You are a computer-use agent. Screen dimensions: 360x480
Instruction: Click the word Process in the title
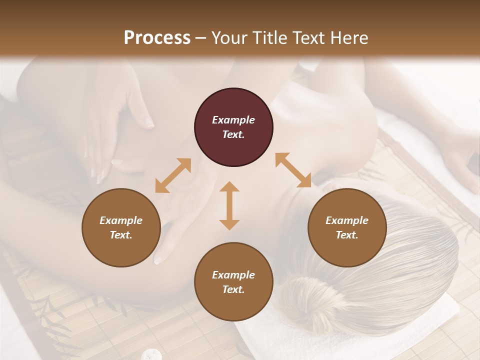tap(157, 38)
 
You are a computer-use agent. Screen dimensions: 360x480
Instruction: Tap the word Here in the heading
tap(347, 38)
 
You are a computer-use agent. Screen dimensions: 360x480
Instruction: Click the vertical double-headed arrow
tap(229, 205)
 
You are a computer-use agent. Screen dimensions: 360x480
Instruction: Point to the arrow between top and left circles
tap(173, 175)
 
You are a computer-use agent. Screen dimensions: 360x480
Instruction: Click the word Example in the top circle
tap(233, 120)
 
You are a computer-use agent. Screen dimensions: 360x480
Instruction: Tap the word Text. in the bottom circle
tap(233, 289)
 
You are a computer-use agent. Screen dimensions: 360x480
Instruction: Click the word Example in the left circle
tap(121, 220)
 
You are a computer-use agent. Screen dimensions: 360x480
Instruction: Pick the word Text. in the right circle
tap(347, 235)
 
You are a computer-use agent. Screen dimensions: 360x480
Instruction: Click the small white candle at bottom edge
tap(149, 354)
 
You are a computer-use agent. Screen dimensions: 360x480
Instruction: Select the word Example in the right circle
tap(347, 220)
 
